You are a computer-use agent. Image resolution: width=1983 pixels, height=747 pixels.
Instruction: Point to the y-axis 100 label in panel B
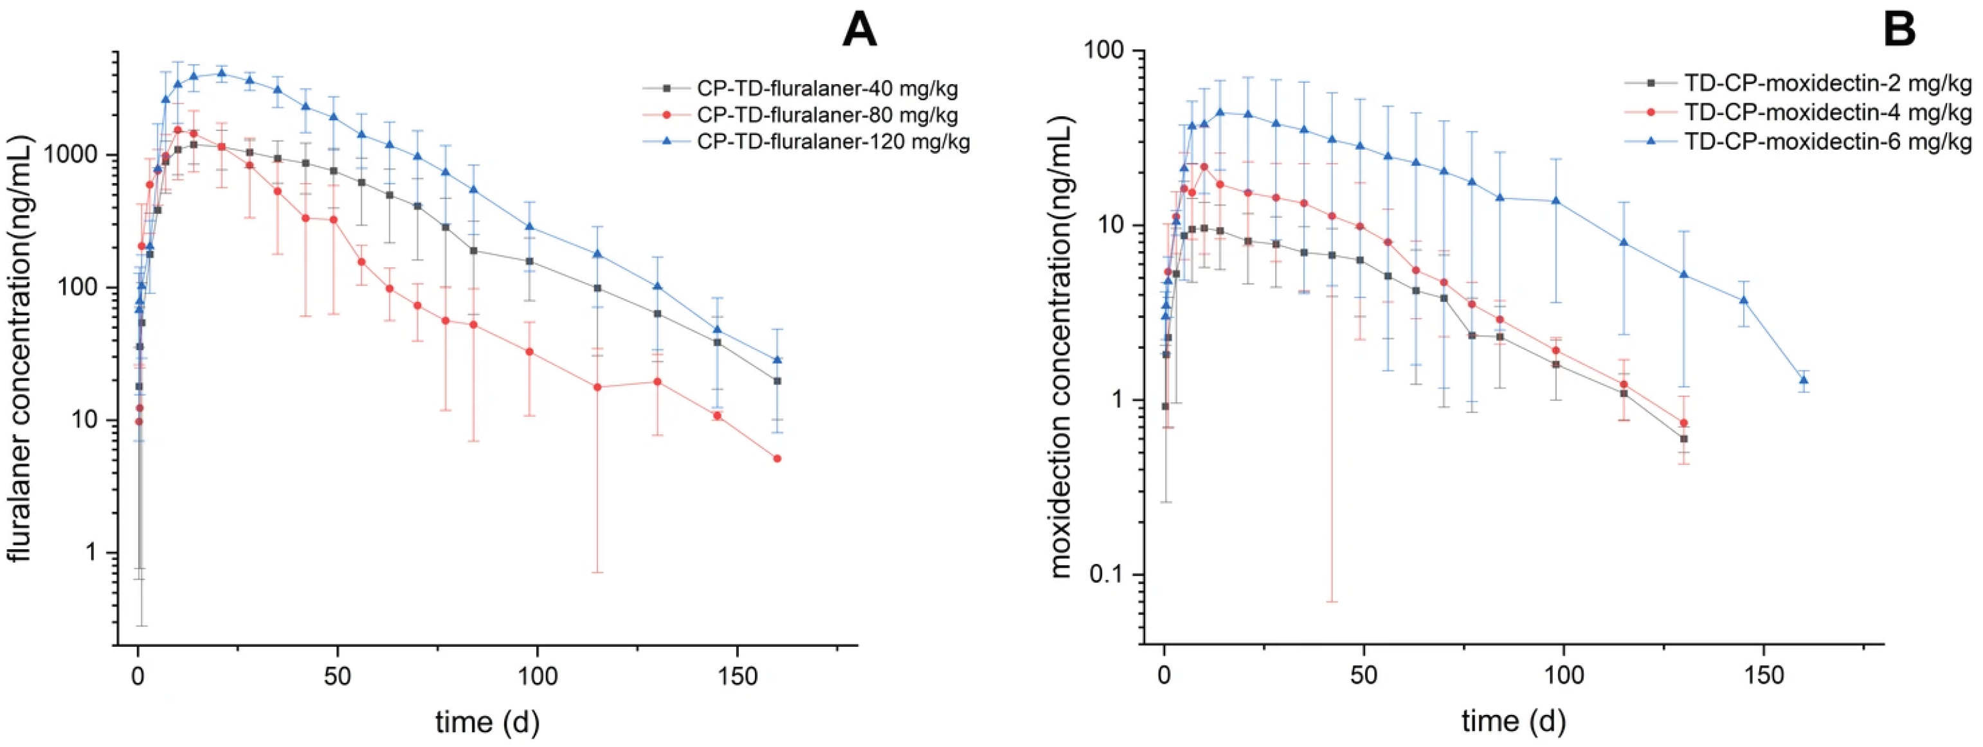point(1109,51)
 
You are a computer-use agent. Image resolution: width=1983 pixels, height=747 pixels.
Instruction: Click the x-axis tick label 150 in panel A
point(736,676)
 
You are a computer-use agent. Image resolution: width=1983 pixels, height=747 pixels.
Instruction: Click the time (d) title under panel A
point(487,721)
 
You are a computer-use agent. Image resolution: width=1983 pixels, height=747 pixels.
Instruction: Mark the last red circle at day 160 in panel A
point(777,459)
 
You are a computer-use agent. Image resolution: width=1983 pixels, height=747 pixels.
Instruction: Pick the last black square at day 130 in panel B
point(1684,439)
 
